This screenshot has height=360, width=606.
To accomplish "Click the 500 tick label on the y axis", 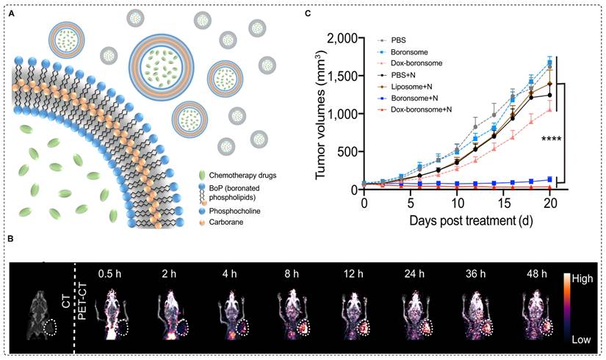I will click(350, 152).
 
